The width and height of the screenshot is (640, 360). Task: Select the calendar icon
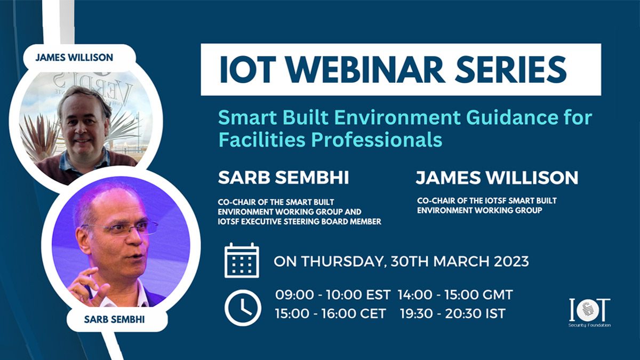tap(242, 260)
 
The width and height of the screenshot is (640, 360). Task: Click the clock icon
tap(243, 308)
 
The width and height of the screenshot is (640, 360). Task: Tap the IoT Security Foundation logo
tap(589, 313)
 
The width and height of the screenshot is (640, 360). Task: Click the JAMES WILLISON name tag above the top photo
tap(74, 58)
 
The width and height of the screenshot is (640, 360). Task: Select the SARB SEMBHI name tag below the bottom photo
tap(114, 319)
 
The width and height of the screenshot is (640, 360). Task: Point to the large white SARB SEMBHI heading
tap(283, 178)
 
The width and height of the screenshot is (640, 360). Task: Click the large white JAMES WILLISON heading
tap(497, 178)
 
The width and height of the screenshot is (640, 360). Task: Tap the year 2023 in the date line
tap(511, 261)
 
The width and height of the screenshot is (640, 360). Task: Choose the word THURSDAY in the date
tap(342, 262)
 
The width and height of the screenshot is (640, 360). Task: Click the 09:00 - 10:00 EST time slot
tap(333, 294)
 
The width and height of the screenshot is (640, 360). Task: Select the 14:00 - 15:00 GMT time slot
tap(455, 294)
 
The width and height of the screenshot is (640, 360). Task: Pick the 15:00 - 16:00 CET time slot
tap(331, 314)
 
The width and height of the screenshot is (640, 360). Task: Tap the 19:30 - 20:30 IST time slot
tap(453, 314)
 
